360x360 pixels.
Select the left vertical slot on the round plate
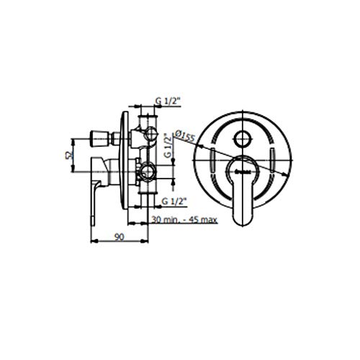tap(214, 161)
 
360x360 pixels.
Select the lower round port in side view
tap(148, 171)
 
